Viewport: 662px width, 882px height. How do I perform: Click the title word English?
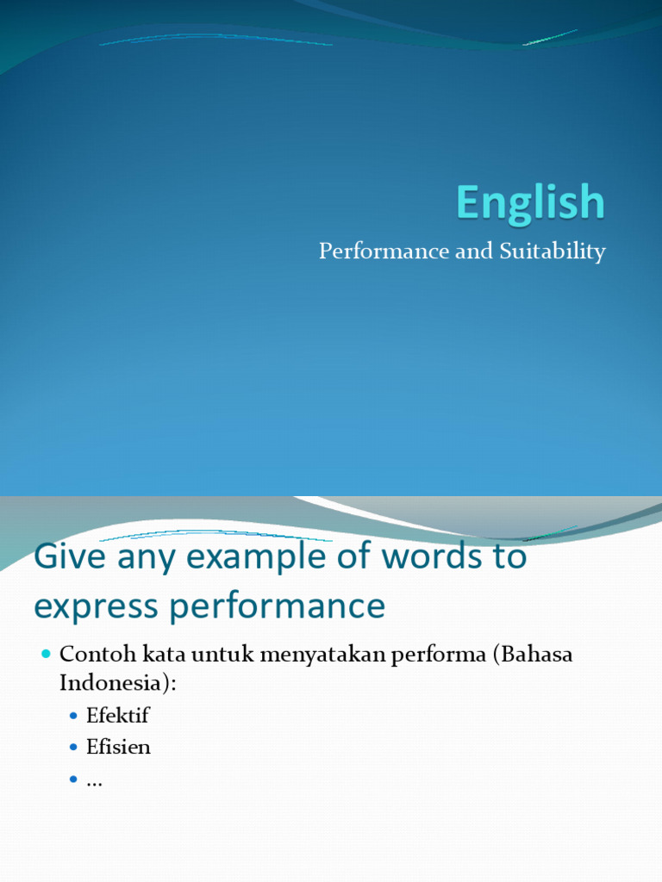[530, 203]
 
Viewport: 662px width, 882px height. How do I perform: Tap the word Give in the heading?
[65, 557]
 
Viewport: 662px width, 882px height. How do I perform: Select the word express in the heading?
[95, 607]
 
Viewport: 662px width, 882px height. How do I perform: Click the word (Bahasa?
[527, 654]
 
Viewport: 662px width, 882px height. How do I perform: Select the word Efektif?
[118, 715]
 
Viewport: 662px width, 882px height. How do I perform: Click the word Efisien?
[118, 747]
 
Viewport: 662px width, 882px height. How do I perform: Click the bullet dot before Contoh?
[47, 655]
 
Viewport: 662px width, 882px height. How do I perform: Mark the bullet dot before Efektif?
[73, 716]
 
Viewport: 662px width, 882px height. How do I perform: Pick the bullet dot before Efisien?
[73, 748]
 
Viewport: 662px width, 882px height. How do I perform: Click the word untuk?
[217, 654]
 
